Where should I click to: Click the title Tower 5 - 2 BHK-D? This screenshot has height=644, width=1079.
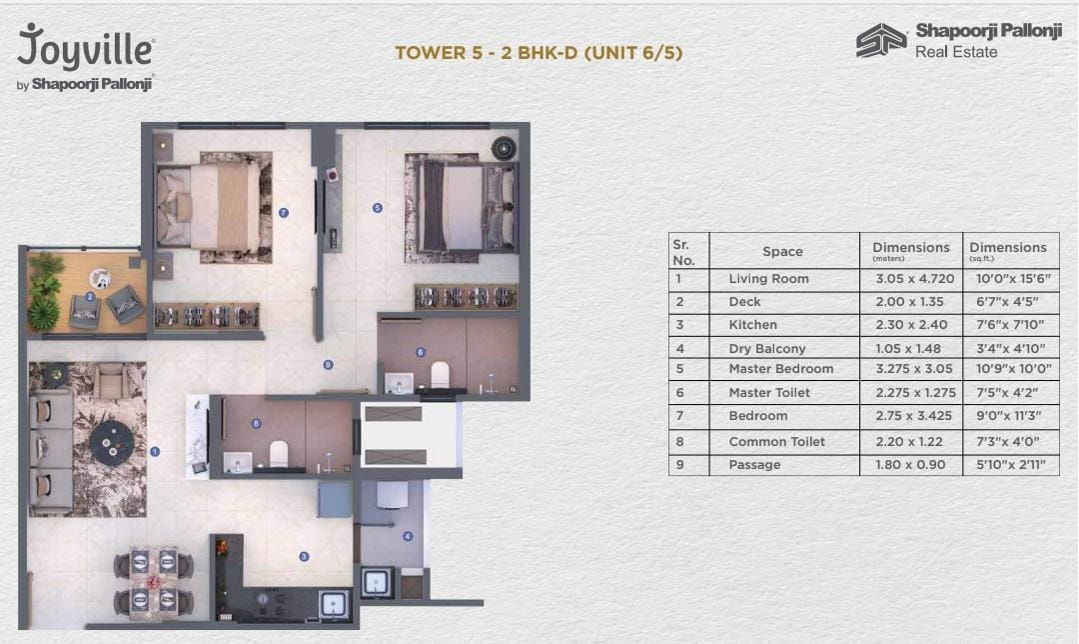pos(539,53)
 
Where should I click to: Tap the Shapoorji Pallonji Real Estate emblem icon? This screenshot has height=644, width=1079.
pos(881,40)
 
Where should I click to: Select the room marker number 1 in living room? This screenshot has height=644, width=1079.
pos(155,452)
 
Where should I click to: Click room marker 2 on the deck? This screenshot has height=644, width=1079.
pos(90,297)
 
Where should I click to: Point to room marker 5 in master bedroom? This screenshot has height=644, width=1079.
pos(377,208)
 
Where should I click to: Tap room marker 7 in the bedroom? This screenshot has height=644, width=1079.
pos(284,212)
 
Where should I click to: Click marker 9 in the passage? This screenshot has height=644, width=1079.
pos(327,365)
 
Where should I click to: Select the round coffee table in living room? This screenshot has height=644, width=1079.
pos(110,438)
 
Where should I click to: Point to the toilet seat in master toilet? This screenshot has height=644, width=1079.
pos(439,374)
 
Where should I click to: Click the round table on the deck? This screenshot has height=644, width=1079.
pos(100,278)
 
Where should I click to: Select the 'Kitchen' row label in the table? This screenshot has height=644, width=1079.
pos(752,325)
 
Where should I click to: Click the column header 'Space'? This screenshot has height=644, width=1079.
pos(782,252)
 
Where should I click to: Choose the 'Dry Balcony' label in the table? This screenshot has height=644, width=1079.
pos(766,349)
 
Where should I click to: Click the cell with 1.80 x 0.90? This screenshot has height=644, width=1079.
pos(910,465)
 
